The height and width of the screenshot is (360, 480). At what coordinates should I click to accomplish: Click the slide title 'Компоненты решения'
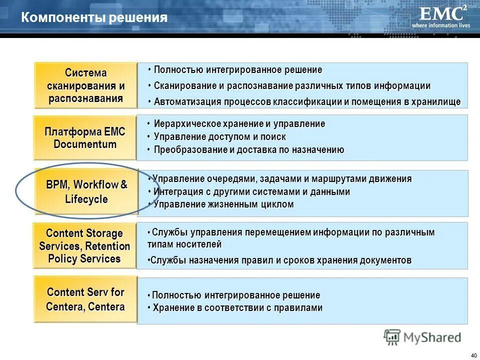pyautogui.click(x=94, y=18)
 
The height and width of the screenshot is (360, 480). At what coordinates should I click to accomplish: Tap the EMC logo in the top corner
pyautogui.click(x=439, y=13)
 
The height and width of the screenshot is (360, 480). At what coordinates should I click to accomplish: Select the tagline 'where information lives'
pyautogui.click(x=440, y=25)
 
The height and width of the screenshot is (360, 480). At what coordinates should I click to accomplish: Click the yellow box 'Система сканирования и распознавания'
pyautogui.click(x=85, y=85)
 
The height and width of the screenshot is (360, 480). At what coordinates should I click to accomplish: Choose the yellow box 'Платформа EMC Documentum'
pyautogui.click(x=85, y=138)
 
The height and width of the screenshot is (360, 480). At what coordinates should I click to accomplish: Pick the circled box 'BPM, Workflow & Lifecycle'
pyautogui.click(x=86, y=191)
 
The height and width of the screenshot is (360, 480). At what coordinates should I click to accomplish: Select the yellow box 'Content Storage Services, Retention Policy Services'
pyautogui.click(x=84, y=246)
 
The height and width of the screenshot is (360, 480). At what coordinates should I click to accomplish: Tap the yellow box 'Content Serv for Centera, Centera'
pyautogui.click(x=85, y=299)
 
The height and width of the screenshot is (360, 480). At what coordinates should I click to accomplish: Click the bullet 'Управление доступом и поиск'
pyautogui.click(x=219, y=136)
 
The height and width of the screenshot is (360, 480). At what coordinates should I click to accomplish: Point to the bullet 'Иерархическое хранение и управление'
pyautogui.click(x=239, y=123)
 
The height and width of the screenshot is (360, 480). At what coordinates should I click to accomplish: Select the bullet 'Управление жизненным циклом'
pyautogui.click(x=223, y=204)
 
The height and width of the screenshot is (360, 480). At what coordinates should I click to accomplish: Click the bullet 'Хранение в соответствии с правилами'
pyautogui.click(x=237, y=308)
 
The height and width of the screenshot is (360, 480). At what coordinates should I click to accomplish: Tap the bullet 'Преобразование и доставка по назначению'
pyautogui.click(x=248, y=150)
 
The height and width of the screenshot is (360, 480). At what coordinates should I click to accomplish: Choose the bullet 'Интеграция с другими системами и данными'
pyautogui.click(x=251, y=191)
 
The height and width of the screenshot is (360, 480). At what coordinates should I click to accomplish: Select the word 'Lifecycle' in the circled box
pyautogui.click(x=86, y=199)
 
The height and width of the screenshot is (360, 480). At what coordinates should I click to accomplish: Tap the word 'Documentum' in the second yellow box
pyautogui.click(x=85, y=145)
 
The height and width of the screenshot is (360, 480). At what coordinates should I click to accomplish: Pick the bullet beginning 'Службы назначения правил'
pyautogui.click(x=280, y=260)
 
